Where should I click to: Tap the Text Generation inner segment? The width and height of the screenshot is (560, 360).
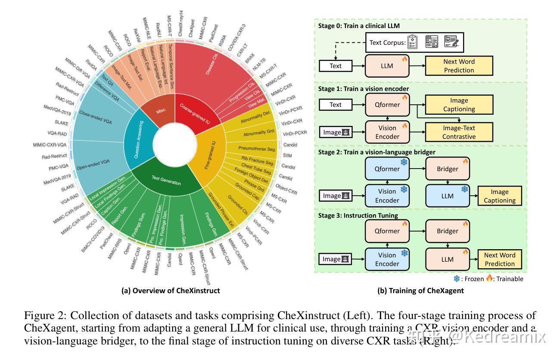point(166,179)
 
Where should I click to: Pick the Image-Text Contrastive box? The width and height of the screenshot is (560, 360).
point(459,132)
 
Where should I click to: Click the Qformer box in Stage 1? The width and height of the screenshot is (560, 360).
point(387,105)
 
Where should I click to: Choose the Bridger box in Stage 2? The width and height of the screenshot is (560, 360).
point(447,169)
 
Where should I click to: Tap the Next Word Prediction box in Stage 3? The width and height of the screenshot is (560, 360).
point(499,260)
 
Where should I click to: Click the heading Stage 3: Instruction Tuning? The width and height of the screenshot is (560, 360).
point(358,215)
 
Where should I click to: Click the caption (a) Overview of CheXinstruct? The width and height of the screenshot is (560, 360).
point(171,291)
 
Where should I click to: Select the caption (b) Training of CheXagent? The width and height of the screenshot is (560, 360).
point(420,291)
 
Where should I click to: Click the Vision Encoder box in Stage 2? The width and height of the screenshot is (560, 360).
point(387,196)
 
